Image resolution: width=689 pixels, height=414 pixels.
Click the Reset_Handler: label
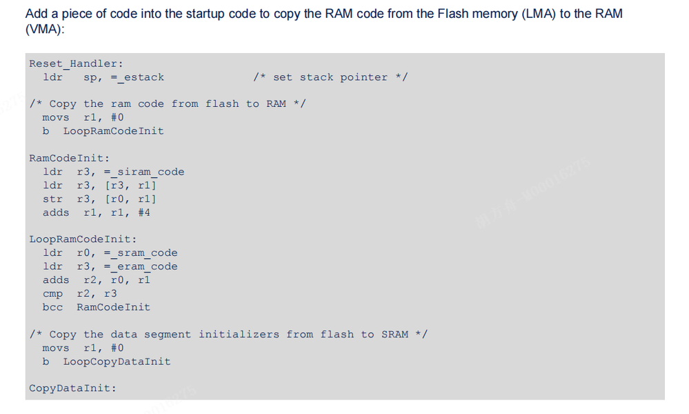[76, 63]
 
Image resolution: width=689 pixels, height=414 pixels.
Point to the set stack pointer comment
[330, 77]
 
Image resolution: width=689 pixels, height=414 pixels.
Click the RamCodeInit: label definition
[69, 158]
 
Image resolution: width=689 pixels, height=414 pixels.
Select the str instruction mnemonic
[52, 199]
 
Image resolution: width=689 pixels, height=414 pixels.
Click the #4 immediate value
[143, 213]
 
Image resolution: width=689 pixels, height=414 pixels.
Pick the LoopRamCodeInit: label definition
[83, 239]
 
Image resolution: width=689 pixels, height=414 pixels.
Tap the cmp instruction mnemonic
[52, 293]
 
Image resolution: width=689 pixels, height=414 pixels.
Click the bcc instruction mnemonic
[52, 307]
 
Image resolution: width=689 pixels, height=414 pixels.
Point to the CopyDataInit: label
[72, 388]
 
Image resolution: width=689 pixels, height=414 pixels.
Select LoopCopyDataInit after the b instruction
[117, 362]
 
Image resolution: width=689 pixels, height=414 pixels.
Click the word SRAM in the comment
[395, 335]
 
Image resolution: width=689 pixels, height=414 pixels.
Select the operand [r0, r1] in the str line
[130, 199]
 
